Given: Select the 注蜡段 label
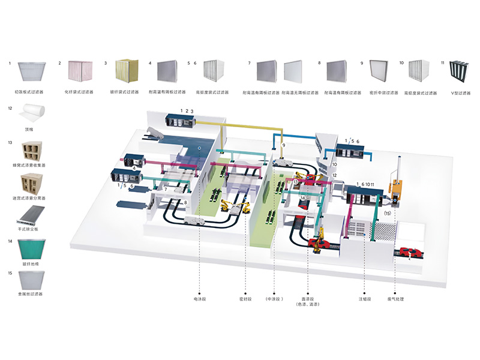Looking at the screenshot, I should click(365, 298).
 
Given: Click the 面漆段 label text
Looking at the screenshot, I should click(307, 298).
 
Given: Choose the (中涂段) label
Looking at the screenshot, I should click(274, 298).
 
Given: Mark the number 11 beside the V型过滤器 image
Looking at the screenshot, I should click(442, 62).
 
